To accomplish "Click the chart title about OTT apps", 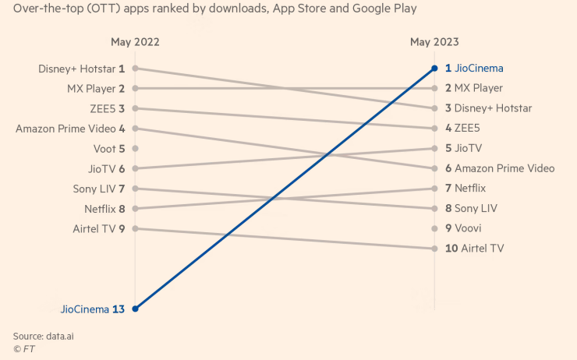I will (214, 9).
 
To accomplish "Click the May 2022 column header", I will (135, 42).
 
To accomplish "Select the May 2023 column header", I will (434, 42).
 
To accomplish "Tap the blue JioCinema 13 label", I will (93, 309).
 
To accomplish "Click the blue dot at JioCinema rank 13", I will (135, 309).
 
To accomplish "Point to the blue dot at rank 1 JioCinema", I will (435, 69).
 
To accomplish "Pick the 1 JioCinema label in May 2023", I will (474, 69).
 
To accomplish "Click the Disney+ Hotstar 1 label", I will (81, 69).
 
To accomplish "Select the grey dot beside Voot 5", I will (135, 148).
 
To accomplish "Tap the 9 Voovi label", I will (463, 228).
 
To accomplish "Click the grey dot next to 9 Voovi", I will (435, 228).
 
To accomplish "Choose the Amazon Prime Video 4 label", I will (70, 129).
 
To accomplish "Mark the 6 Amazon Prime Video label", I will (500, 168).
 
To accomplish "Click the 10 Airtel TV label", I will (474, 249).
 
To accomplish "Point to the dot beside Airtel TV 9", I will (135, 228).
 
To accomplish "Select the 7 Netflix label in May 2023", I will (465, 189).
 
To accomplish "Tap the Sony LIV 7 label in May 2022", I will (99, 189).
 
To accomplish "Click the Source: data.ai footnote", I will (48, 335).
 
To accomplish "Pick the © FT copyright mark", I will (24, 349).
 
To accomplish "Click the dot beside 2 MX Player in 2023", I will (435, 89).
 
